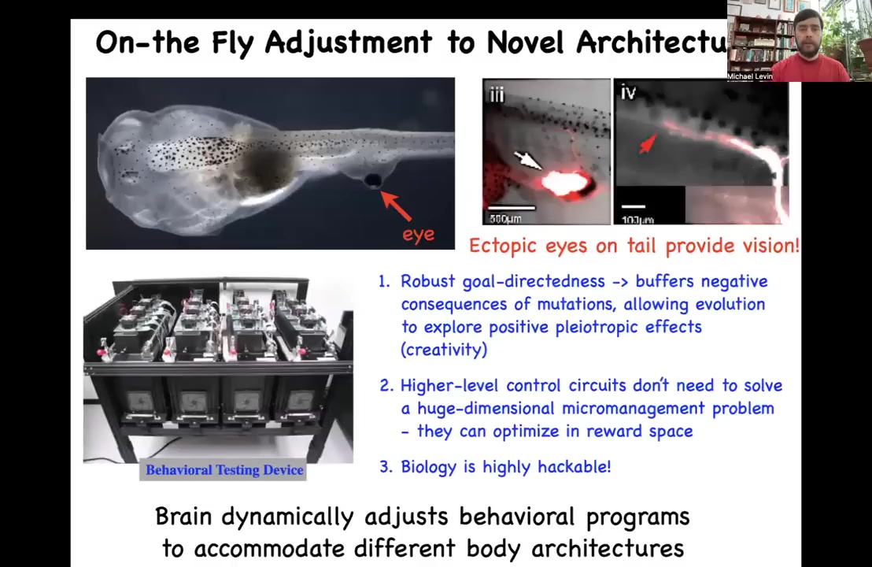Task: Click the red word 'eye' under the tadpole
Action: [x=418, y=235]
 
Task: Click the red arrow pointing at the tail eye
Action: [x=396, y=204]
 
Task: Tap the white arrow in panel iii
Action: [x=527, y=161]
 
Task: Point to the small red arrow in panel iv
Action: [x=646, y=143]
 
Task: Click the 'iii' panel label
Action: [x=497, y=95]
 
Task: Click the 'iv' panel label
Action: [x=628, y=93]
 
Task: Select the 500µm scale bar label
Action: [x=505, y=219]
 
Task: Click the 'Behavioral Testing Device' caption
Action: [x=224, y=470]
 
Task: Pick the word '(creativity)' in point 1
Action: [x=444, y=350]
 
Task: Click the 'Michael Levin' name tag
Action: [x=750, y=77]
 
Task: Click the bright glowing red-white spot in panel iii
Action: [x=563, y=183]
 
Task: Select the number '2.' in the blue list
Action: [x=386, y=386]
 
